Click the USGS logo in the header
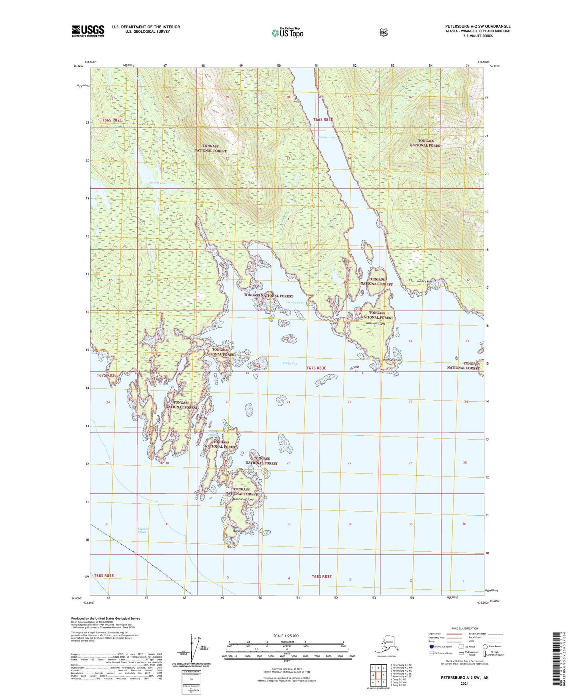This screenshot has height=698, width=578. click(x=88, y=30)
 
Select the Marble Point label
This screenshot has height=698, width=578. click(x=425, y=281)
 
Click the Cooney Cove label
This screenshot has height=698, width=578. click(x=295, y=303)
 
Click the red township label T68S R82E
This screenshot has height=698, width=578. click(x=104, y=576)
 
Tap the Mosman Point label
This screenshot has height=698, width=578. click(x=392, y=360)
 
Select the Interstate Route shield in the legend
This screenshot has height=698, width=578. click(x=431, y=646)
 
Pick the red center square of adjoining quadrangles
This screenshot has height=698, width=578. click(x=378, y=675)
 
